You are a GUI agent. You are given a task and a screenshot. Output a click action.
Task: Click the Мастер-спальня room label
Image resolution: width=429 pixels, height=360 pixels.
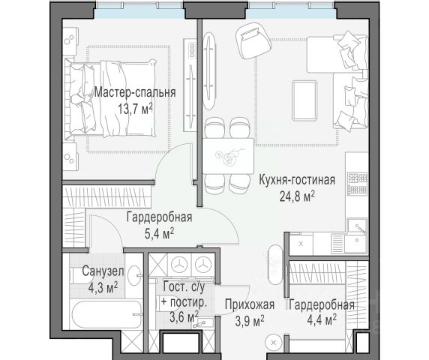[x=135, y=92]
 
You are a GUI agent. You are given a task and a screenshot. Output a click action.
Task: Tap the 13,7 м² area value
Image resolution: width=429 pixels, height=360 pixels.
[x=135, y=109]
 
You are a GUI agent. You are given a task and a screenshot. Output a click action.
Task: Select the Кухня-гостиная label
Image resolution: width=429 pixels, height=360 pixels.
[x=297, y=180]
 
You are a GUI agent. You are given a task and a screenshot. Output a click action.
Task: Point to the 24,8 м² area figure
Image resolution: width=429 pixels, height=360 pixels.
[x=297, y=196]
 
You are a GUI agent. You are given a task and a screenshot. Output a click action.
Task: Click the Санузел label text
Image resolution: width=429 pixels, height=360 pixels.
[x=103, y=271]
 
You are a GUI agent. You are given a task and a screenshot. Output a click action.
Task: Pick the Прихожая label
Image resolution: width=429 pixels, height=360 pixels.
[x=250, y=304]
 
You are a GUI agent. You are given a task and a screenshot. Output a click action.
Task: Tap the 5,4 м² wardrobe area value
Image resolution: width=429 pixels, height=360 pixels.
[x=160, y=234]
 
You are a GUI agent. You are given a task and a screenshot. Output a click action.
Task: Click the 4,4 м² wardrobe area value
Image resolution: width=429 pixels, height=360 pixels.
[x=322, y=320]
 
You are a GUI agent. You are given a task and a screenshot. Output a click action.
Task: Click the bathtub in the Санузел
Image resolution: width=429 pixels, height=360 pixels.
[x=106, y=314]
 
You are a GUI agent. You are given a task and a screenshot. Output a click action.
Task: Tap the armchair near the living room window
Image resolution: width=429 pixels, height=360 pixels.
[x=253, y=39]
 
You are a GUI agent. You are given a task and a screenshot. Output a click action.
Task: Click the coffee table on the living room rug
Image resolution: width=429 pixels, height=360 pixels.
[x=304, y=100]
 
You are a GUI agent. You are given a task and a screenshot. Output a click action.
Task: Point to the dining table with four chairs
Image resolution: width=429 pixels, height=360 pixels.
[x=228, y=156]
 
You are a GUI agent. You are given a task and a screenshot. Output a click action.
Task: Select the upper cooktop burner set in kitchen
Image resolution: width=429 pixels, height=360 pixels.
[x=357, y=178]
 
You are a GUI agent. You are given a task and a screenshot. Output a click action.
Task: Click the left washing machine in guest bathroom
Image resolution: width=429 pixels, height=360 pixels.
[x=179, y=265]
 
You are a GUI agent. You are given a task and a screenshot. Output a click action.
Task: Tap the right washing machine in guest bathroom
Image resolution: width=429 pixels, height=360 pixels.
[x=202, y=265]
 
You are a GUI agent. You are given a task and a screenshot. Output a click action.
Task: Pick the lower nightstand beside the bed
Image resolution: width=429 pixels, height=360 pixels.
[x=70, y=157]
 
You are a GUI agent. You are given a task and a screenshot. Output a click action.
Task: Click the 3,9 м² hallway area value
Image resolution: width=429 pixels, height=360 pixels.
[x=250, y=320]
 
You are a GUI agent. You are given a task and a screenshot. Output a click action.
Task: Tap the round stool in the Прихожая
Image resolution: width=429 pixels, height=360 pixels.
[x=274, y=343]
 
